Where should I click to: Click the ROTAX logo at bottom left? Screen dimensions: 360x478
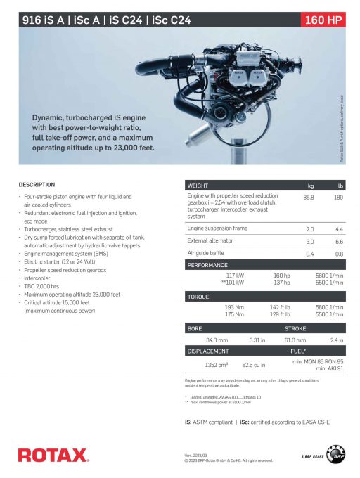(53, 455)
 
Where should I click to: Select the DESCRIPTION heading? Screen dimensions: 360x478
(37, 184)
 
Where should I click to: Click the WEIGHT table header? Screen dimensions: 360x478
(198, 186)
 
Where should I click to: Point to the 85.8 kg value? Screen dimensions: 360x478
(308, 198)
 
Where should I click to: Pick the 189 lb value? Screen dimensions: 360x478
(338, 198)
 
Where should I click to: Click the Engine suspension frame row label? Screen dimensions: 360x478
(217, 228)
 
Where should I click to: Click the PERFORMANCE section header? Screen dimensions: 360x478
(207, 265)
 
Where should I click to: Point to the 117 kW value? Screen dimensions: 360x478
(235, 276)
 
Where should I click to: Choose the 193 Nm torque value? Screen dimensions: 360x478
(234, 307)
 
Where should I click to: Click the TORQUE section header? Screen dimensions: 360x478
(198, 297)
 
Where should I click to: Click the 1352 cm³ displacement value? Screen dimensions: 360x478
(216, 365)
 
